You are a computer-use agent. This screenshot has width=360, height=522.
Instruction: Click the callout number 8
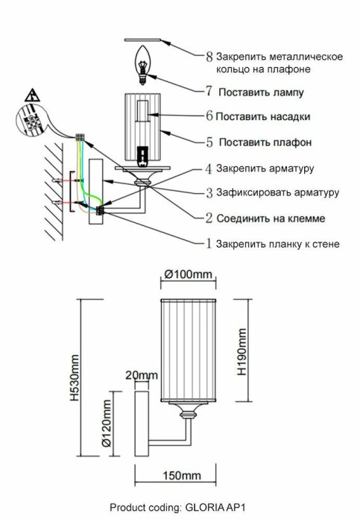click(x=209, y=56)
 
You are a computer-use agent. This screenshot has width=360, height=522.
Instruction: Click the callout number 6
click(x=209, y=116)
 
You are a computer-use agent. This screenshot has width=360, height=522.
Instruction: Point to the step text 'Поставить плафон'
click(x=264, y=141)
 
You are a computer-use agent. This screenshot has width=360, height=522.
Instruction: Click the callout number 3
click(x=209, y=192)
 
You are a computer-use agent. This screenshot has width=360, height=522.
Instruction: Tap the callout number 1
click(x=209, y=243)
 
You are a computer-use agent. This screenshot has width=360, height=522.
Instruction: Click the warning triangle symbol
click(x=33, y=95)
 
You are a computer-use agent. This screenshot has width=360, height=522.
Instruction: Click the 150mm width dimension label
click(x=180, y=476)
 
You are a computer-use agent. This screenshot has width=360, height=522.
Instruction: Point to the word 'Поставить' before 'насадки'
click(x=240, y=117)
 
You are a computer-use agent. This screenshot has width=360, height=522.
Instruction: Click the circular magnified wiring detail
click(x=32, y=123)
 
